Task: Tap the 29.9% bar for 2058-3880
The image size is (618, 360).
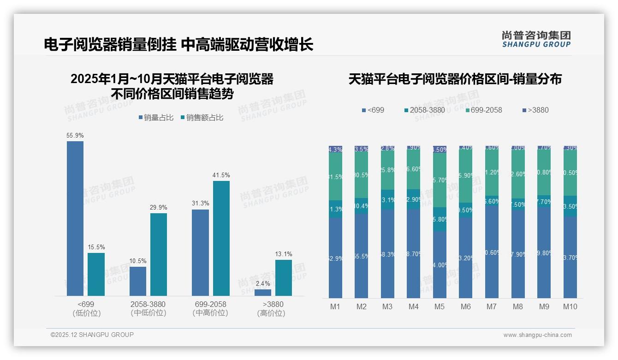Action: (x=159, y=254)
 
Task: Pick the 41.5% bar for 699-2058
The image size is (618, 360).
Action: (x=221, y=238)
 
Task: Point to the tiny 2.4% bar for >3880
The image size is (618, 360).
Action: (x=263, y=293)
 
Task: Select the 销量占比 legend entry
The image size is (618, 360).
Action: (x=156, y=118)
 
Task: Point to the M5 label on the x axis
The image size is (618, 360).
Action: (x=440, y=306)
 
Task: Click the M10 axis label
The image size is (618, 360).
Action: (x=570, y=306)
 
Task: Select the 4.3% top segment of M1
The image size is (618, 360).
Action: (x=335, y=150)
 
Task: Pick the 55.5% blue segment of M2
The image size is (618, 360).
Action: (x=361, y=255)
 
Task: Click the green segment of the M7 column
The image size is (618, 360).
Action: (x=492, y=173)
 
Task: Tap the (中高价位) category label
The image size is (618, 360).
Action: (x=210, y=313)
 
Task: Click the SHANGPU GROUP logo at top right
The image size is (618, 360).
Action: (x=536, y=39)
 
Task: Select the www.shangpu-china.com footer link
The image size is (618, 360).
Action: (x=537, y=335)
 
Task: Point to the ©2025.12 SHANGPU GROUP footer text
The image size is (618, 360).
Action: (x=92, y=335)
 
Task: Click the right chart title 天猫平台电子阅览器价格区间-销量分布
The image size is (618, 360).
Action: (x=455, y=79)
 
